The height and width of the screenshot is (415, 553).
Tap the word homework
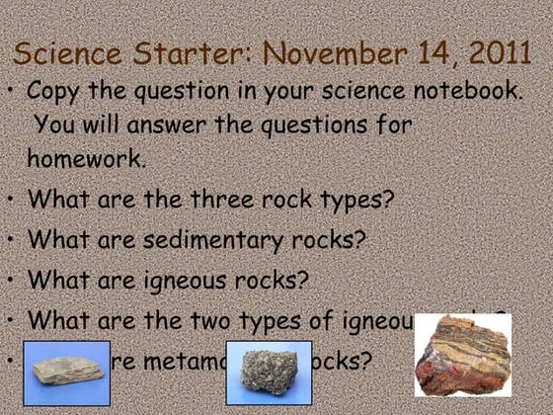pyautogui.click(x=86, y=159)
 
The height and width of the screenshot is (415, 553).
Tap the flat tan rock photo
pyautogui.click(x=65, y=372)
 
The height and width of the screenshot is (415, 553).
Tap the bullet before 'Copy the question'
pyautogui.click(x=11, y=92)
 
